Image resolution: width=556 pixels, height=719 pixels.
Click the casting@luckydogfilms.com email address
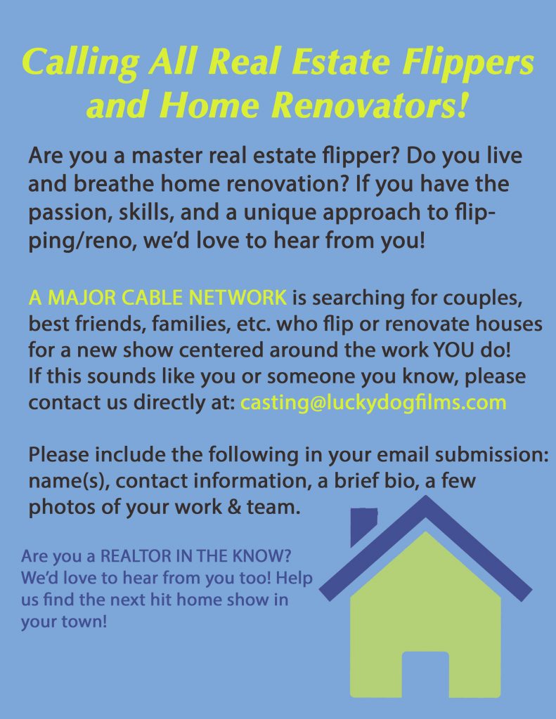click(373, 402)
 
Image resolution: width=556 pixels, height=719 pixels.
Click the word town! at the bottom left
click(84, 621)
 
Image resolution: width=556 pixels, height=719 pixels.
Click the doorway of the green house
click(425, 674)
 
